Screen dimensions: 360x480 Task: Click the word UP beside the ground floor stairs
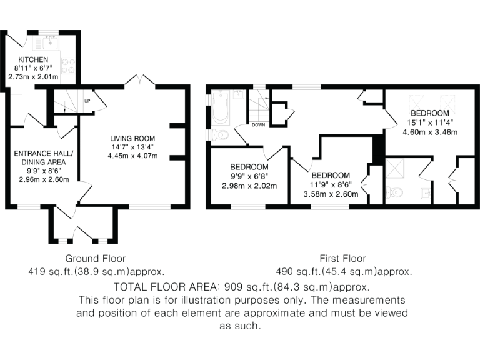click(x=87, y=101)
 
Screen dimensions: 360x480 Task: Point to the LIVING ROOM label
click(x=132, y=139)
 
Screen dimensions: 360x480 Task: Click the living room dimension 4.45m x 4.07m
click(x=132, y=156)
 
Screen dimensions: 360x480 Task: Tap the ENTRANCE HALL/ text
click(x=43, y=154)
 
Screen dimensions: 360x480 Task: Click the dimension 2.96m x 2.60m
click(x=43, y=180)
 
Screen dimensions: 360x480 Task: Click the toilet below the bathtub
click(x=220, y=134)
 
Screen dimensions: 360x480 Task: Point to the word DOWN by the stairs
click(x=259, y=124)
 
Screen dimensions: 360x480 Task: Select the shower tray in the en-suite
click(x=396, y=167)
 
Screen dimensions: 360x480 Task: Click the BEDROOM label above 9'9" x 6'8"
click(x=249, y=167)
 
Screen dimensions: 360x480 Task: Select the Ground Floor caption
click(x=96, y=258)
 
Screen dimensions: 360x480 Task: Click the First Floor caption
click(x=343, y=258)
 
